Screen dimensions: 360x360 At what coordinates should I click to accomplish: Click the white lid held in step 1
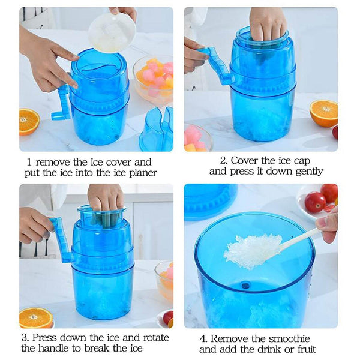tap(112, 32)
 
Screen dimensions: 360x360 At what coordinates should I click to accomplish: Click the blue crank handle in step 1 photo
tap(62, 103)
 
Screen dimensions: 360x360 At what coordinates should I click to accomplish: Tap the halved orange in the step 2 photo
tap(323, 112)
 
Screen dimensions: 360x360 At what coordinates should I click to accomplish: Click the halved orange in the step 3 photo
tap(35, 317)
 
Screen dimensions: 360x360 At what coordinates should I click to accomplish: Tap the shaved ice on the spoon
tap(253, 250)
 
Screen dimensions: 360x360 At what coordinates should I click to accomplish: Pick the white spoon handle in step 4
tap(300, 238)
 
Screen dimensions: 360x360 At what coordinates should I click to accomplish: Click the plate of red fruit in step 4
tap(318, 202)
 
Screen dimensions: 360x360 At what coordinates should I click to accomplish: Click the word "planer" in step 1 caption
tap(142, 173)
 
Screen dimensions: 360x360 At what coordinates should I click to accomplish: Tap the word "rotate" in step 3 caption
tap(153, 337)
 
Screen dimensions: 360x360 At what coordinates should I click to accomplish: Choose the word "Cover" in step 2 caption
tap(246, 160)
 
